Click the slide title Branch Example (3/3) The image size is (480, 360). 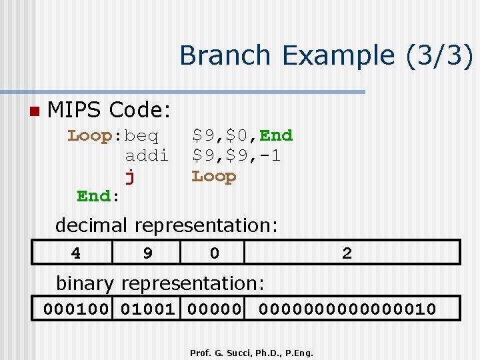point(326,55)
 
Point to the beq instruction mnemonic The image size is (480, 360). point(141,136)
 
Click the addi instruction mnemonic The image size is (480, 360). point(147,156)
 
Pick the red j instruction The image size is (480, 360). point(130,177)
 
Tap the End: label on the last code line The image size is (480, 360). point(98,196)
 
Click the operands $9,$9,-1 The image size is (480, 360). point(237,156)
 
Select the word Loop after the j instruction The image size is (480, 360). point(214,177)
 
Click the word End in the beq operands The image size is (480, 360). point(276,136)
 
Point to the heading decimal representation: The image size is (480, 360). point(166,225)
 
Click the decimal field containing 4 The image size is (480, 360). point(76,253)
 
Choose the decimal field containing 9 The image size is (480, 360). point(147,253)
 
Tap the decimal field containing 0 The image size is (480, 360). point(213,253)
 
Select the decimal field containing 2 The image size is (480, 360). point(347,253)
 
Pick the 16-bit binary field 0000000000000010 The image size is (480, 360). point(347,309)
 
